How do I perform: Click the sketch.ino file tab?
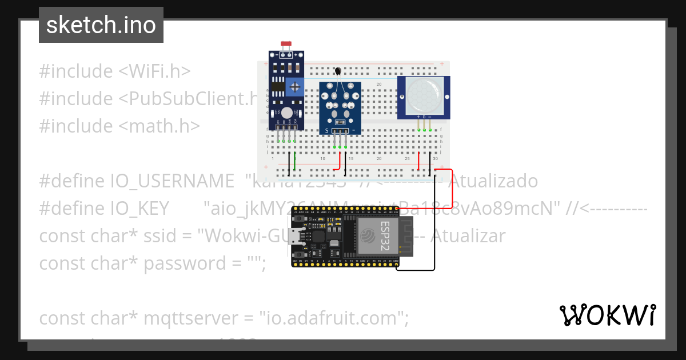(x=101, y=26)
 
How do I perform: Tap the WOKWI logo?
(x=607, y=315)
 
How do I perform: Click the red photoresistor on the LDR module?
(x=286, y=44)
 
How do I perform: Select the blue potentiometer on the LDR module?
(x=295, y=87)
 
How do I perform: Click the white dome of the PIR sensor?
(x=424, y=95)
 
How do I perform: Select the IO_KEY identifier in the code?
(x=140, y=209)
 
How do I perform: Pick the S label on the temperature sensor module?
(x=327, y=131)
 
